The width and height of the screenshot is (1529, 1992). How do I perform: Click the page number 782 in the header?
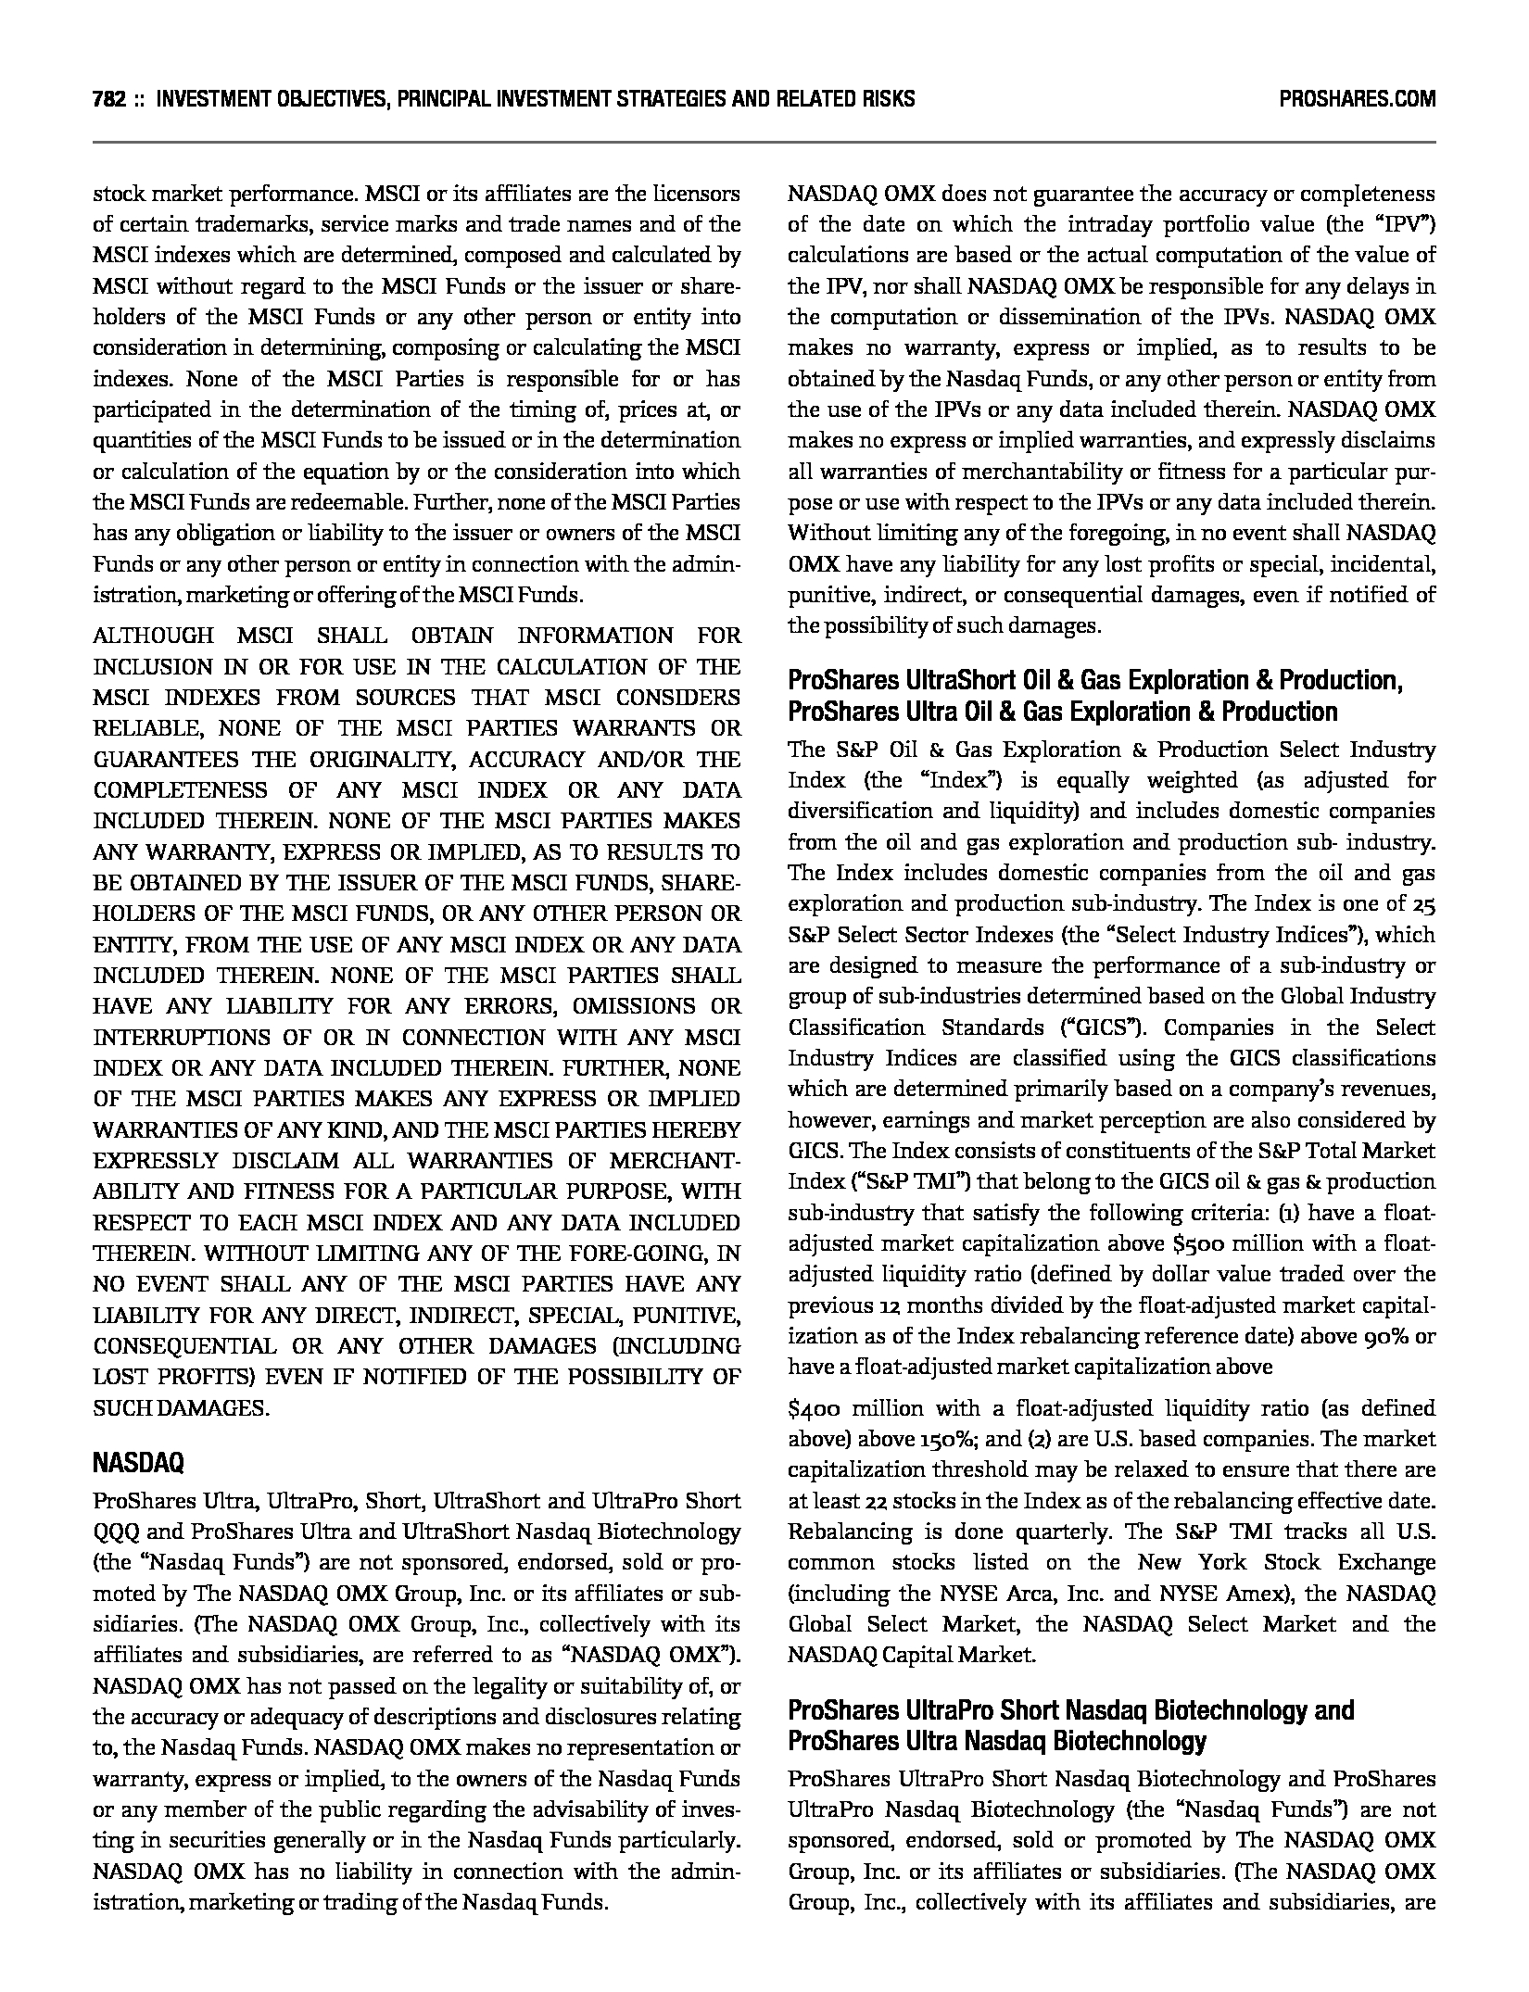pyautogui.click(x=109, y=99)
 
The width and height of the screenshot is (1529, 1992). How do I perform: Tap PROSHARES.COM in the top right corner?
pyautogui.click(x=1357, y=99)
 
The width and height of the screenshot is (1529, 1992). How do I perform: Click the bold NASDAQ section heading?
pyautogui.click(x=138, y=1463)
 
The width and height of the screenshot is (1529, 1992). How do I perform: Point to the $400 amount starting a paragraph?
pyautogui.click(x=815, y=1408)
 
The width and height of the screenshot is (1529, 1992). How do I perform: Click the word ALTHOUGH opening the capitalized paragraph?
pyautogui.click(x=153, y=636)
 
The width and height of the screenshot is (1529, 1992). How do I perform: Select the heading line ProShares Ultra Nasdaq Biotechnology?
pyautogui.click(x=996, y=1741)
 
